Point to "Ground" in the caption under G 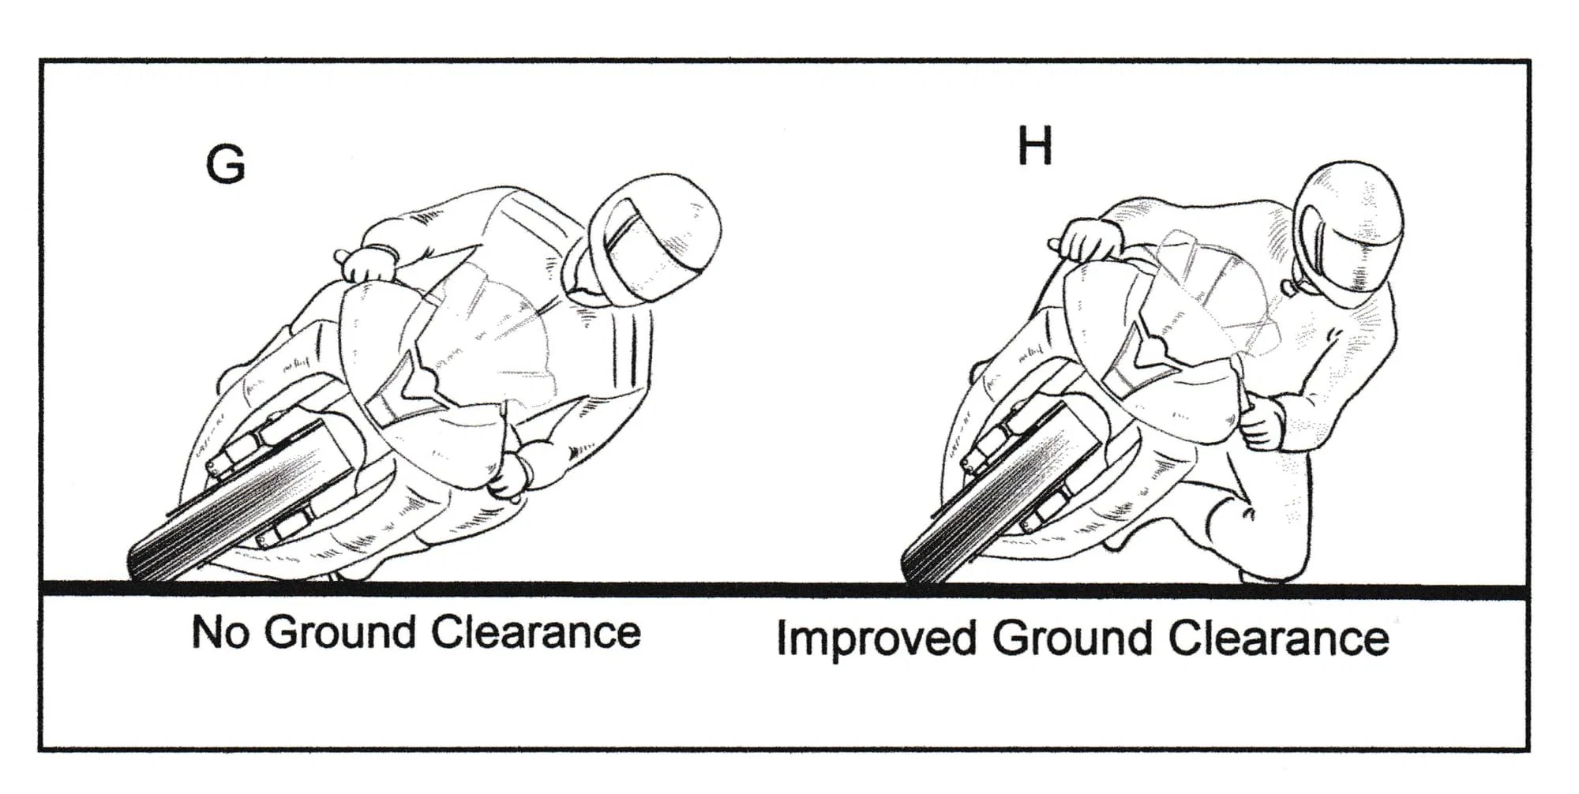(x=339, y=632)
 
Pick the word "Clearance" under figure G (x=536, y=632)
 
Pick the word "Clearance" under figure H (x=1279, y=638)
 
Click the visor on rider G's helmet (x=632, y=253)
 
